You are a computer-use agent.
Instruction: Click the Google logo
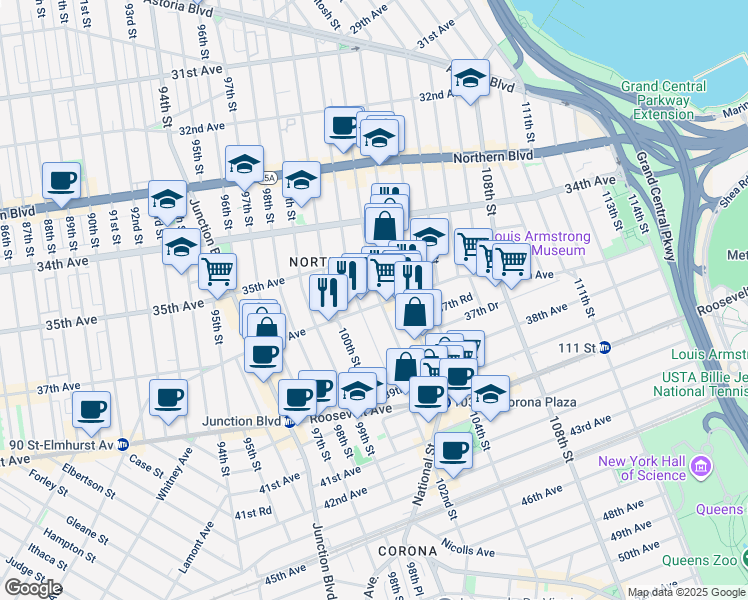pos(33,588)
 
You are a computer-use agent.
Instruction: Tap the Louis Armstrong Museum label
pos(540,243)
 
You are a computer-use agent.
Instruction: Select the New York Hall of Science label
pos(646,467)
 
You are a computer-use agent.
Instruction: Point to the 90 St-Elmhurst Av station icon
pos(122,444)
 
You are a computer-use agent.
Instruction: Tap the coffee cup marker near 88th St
pos(62,181)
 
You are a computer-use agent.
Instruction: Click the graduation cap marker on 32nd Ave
pos(470,78)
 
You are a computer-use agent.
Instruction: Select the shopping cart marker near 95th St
pos(217,271)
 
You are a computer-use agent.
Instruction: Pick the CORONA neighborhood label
pos(408,551)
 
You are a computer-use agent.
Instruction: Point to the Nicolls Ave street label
pos(468,550)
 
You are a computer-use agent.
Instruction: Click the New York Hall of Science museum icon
pos(701,467)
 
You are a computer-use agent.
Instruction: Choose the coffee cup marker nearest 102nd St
pos(452,451)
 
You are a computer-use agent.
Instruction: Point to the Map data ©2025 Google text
pos(686,592)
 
